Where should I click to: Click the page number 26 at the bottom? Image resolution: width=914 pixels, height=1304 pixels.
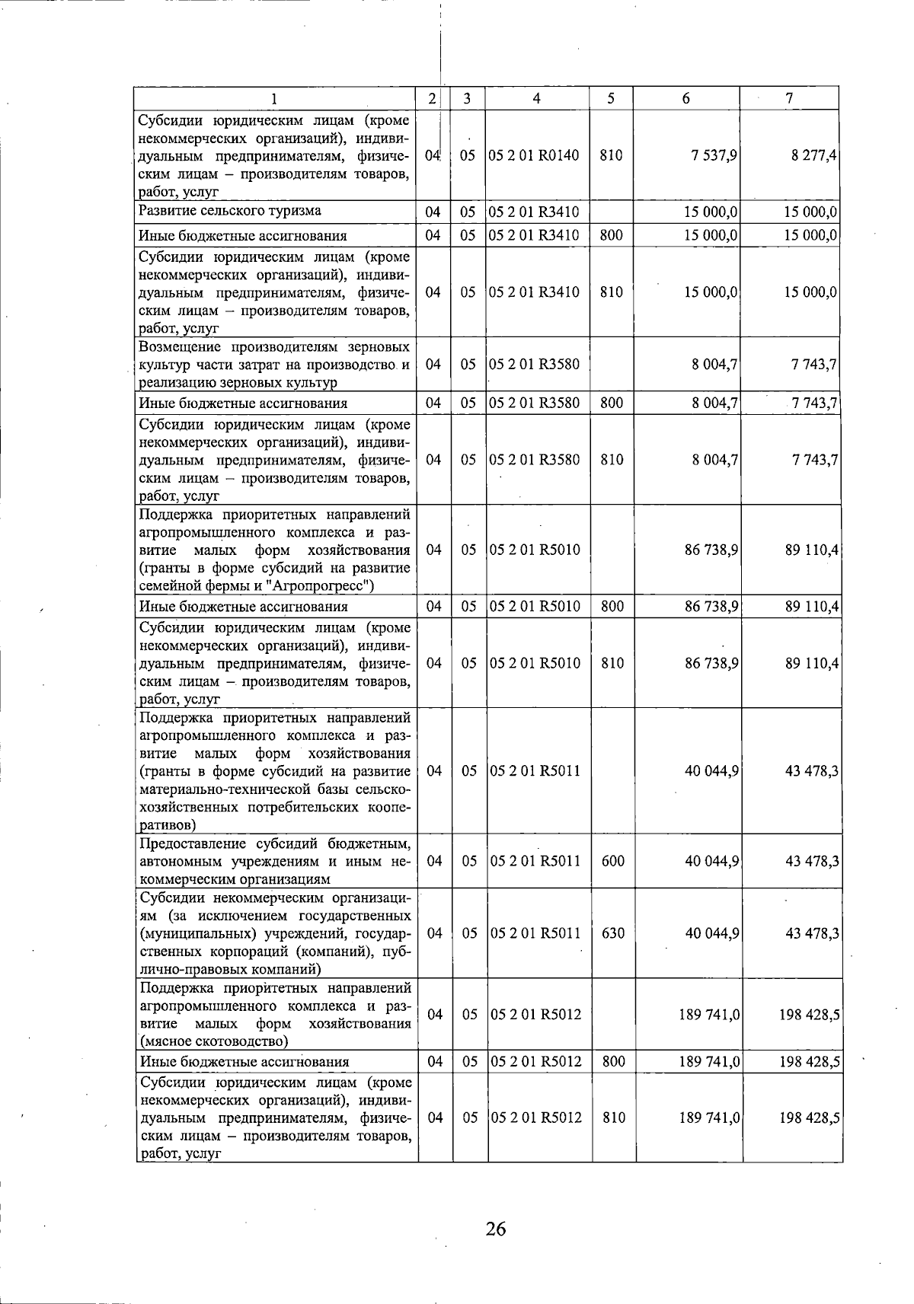pyautogui.click(x=495, y=1229)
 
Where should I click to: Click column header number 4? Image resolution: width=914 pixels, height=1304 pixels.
pyautogui.click(x=537, y=98)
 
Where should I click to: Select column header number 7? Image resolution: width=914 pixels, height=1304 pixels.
pyautogui.click(x=790, y=98)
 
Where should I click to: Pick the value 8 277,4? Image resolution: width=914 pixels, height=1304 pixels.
pyautogui.click(x=814, y=155)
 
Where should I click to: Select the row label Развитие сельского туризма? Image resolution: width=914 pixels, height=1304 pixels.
pyautogui.click(x=229, y=211)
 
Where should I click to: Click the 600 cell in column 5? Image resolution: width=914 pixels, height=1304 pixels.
pyautogui.click(x=612, y=861)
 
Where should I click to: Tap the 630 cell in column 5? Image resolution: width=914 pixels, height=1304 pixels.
pyautogui.click(x=612, y=933)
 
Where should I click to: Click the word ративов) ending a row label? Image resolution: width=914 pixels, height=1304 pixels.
pyautogui.click(x=168, y=824)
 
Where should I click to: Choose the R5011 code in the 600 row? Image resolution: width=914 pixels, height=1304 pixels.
pyautogui.click(x=535, y=861)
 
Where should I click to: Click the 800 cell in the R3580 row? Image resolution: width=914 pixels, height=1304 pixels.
pyautogui.click(x=612, y=403)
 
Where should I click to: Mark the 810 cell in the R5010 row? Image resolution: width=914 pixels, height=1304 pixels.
pyautogui.click(x=612, y=663)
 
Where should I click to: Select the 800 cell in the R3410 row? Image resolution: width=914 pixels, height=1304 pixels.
pyautogui.click(x=612, y=235)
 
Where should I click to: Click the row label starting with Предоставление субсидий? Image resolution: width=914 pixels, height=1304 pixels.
pyautogui.click(x=276, y=862)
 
